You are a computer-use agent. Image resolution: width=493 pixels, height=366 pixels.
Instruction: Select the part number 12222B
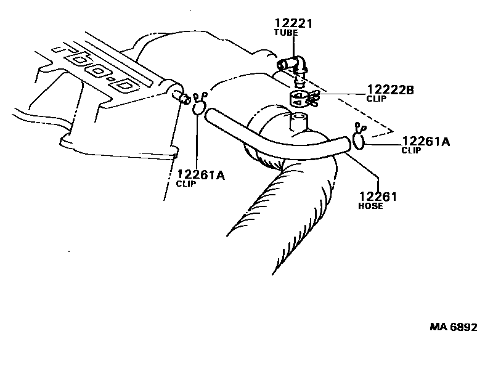coord(391,90)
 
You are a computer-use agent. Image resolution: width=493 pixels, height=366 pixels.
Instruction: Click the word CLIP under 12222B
coord(376,99)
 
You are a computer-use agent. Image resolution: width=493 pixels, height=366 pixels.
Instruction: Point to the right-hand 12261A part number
coord(426,142)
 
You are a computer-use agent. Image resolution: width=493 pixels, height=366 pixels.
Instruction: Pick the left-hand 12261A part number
coord(201,175)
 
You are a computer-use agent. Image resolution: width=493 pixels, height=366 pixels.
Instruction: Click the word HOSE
coord(370,206)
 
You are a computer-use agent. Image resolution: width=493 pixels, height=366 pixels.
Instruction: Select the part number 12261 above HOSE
coord(378,197)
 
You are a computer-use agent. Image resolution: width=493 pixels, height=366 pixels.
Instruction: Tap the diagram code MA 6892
coord(454,327)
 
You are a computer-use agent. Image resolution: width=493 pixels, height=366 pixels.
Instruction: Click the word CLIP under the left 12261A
coord(185,184)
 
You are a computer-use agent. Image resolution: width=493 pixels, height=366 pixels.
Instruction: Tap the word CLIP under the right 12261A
coord(411,150)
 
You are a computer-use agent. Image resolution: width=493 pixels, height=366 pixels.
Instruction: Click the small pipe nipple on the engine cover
coord(182,97)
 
